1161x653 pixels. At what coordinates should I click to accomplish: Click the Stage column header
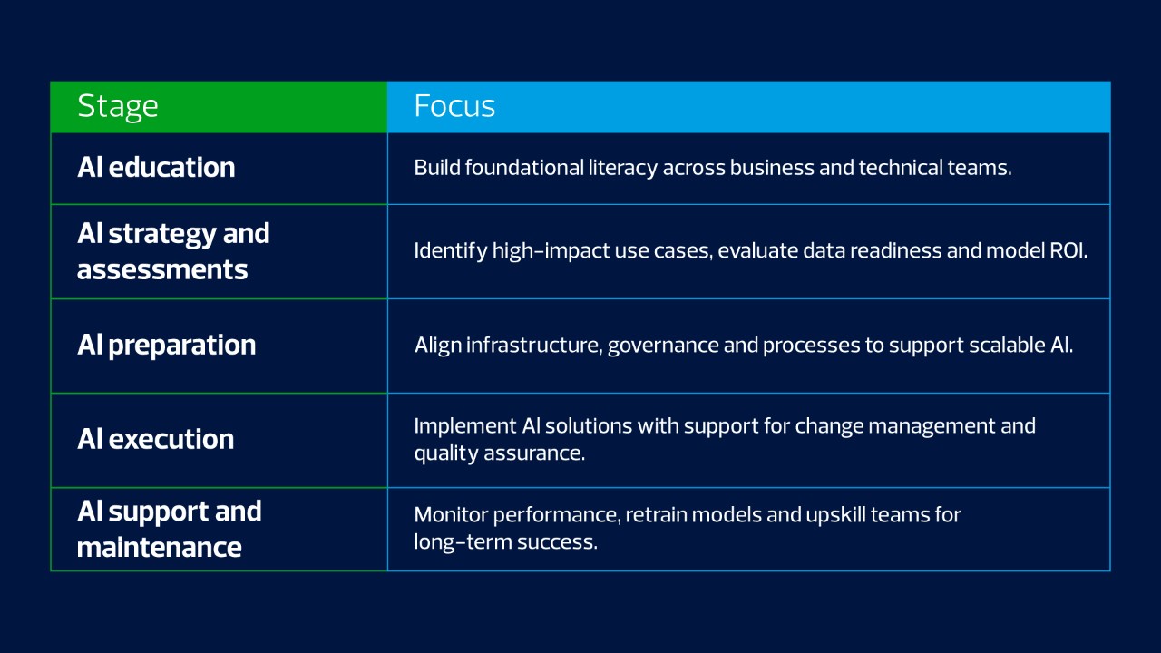pos(118,107)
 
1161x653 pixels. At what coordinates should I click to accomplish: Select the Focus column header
pos(454,106)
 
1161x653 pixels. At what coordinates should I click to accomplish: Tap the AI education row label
pos(156,168)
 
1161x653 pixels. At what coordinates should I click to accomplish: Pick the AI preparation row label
pos(166,346)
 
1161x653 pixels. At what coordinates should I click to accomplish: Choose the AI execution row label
pos(155,440)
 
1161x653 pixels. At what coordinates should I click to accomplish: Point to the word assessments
pos(162,270)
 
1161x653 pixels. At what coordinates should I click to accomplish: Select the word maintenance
pos(159,548)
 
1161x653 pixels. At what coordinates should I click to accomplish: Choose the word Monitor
pos(451,515)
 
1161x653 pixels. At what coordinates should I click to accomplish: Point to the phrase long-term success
pos(506,542)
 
